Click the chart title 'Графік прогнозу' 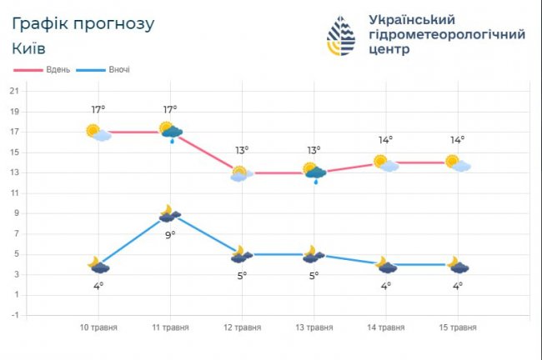click(x=84, y=24)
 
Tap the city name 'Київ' click(x=29, y=48)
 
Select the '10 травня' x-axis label click(x=99, y=327)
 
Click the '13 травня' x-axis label click(x=314, y=327)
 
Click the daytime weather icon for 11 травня click(x=172, y=132)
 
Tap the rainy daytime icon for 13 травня click(x=314, y=172)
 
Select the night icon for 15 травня click(x=458, y=265)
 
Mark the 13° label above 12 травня click(x=242, y=151)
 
